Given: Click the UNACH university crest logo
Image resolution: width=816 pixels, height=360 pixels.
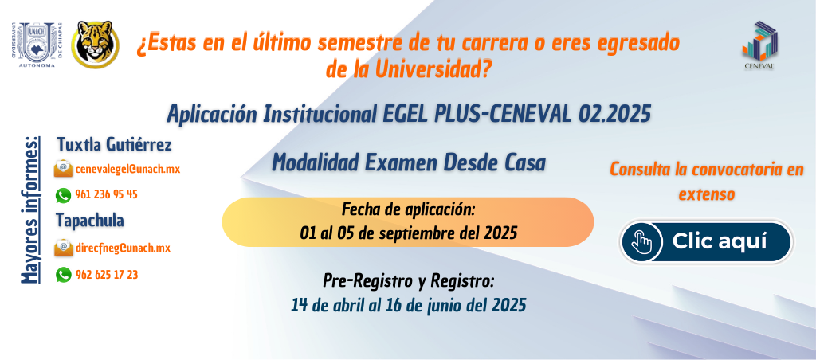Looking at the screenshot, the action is tap(37, 45).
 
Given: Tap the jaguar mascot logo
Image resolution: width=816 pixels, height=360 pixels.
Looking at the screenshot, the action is tap(95, 45).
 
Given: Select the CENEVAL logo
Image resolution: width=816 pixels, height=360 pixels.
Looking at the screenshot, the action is tap(759, 45).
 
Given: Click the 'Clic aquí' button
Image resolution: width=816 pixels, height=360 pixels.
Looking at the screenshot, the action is tap(706, 242).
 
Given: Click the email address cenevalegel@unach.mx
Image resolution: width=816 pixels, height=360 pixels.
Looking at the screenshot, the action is tap(127, 169).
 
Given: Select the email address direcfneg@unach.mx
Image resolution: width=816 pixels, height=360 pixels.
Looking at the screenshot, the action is tap(123, 248).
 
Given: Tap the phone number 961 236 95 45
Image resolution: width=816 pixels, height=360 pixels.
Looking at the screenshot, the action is tap(106, 194).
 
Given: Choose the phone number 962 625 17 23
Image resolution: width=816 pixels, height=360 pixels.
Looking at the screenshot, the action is tap(106, 275).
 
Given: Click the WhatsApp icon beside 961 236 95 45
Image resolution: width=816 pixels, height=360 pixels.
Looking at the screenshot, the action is tap(63, 195).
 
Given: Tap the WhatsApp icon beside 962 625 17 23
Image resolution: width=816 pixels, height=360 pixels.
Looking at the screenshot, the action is tap(63, 275).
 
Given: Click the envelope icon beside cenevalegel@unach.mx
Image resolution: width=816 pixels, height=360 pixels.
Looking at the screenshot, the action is tap(63, 169).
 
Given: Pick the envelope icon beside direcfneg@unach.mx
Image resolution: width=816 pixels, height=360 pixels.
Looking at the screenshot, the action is tap(63, 248).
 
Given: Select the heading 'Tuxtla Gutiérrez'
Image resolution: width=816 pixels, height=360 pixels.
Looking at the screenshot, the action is tap(114, 145).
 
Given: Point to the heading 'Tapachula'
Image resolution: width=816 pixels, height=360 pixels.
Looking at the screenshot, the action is tap(90, 221).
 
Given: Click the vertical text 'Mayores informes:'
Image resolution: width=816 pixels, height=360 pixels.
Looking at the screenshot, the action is tap(30, 210).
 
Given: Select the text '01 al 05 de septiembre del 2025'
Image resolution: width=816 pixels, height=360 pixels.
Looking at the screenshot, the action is tap(409, 233).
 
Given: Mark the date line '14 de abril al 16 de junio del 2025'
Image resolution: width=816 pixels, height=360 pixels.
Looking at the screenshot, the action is tap(409, 304).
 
